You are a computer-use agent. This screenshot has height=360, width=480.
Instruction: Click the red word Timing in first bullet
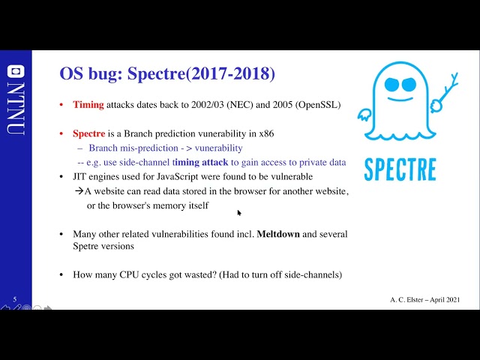(88, 105)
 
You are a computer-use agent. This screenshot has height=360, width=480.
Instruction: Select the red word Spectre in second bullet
(88, 133)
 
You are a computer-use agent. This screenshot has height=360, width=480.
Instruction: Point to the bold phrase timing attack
(206, 161)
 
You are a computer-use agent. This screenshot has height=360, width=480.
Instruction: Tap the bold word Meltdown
(278, 234)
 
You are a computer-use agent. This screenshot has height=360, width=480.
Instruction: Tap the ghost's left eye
(391, 85)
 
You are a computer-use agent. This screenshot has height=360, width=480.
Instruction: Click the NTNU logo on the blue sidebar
(14, 105)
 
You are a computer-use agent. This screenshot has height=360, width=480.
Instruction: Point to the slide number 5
(14, 298)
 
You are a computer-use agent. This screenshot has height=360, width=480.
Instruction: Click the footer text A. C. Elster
(407, 299)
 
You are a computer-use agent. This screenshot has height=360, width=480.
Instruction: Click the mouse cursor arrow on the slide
(239, 212)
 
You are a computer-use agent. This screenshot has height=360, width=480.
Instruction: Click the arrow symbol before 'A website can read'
(78, 190)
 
